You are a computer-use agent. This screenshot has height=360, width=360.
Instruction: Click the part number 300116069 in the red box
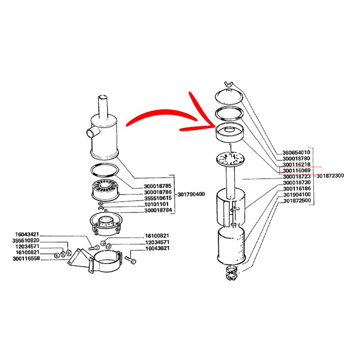coord(297,171)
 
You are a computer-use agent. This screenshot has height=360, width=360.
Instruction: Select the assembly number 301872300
coord(330,176)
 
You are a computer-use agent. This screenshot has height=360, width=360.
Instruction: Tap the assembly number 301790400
coord(191,194)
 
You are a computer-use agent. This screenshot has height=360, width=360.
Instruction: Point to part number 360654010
coord(296,153)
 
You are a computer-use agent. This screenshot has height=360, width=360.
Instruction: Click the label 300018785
coord(157,186)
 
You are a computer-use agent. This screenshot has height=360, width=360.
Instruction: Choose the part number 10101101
coord(156,204)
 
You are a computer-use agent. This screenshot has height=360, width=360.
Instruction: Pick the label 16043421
coord(27,234)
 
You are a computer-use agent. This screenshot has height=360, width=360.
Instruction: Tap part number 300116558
coord(26,258)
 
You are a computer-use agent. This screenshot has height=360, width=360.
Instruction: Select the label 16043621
coord(157,248)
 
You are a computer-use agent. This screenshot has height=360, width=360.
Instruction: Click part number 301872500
coord(297,201)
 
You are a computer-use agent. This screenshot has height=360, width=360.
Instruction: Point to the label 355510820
coord(26,240)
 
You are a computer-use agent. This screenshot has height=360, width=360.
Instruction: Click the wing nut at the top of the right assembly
coord(229,84)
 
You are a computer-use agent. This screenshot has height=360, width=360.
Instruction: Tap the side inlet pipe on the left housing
coord(92,133)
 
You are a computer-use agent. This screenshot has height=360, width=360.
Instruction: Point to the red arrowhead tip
coord(215,126)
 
